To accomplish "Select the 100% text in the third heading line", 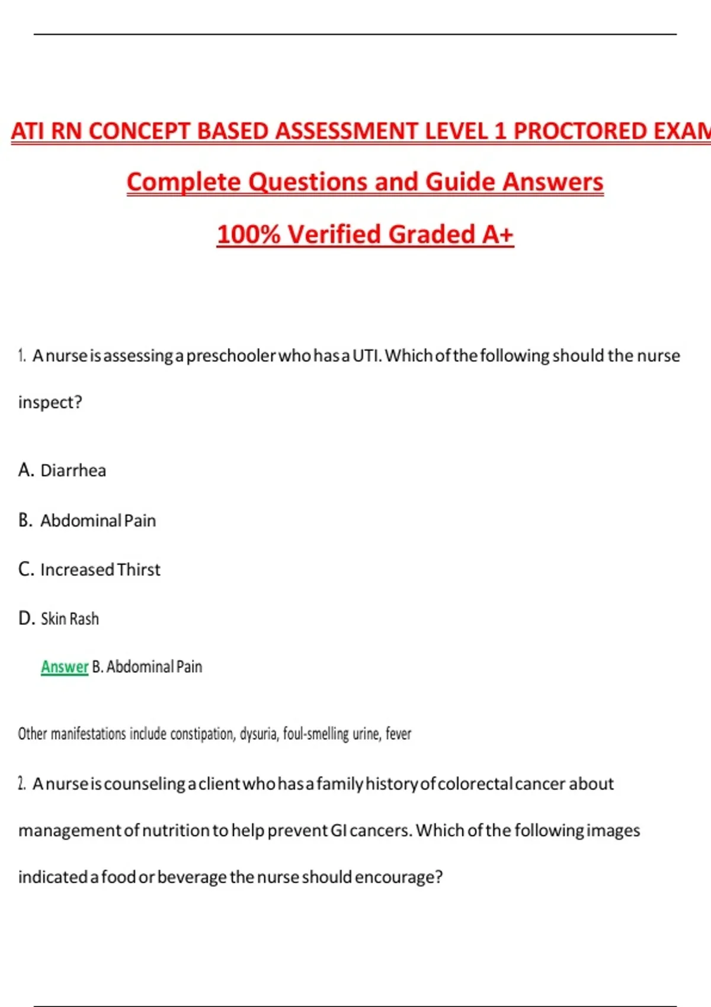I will (x=248, y=235).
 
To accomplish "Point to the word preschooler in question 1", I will (x=231, y=356).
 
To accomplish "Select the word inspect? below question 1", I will (x=50, y=402).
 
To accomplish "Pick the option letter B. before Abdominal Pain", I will (x=25, y=520).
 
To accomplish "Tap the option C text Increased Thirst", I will (x=100, y=570).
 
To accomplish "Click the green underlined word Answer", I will (x=65, y=667).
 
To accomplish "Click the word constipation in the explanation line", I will (x=203, y=734).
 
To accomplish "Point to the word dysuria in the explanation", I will (x=259, y=734).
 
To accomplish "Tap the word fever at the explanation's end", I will (x=398, y=734).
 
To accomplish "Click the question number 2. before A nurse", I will (x=22, y=784).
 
